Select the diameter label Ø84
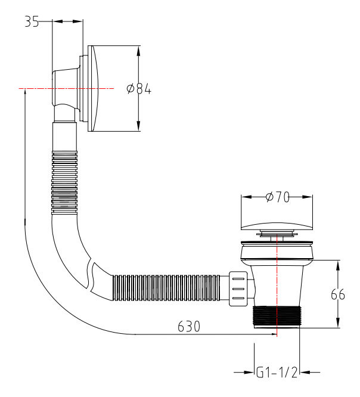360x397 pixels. click(x=139, y=89)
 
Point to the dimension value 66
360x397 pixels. click(x=339, y=294)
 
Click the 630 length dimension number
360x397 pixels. click(x=188, y=327)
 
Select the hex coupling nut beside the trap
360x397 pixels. click(x=238, y=289)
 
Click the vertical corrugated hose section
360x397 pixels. click(x=64, y=182)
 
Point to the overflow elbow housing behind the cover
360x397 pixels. click(x=66, y=89)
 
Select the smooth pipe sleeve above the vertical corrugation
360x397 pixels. click(x=65, y=136)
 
